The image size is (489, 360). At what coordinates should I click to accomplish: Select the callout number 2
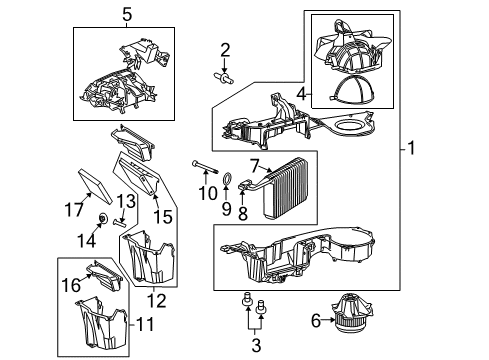click(226, 50)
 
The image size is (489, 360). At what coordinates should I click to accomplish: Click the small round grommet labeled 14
click(104, 219)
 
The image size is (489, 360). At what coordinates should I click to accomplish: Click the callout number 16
click(71, 286)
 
